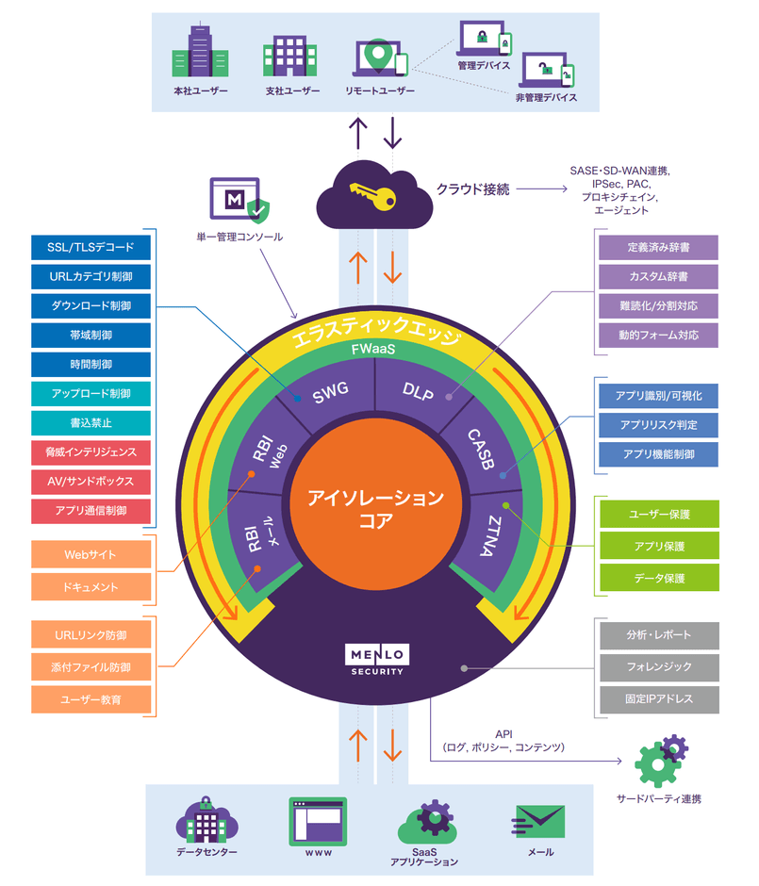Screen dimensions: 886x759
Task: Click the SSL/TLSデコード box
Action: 91,248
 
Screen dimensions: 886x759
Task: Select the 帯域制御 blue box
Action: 91,336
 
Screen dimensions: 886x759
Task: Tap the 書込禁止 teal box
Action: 91,422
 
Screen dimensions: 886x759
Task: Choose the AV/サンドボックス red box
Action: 91,481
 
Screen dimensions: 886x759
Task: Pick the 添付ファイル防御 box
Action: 91,667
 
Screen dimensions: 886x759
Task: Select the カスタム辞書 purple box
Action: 658,277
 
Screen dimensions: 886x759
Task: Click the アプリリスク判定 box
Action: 658,425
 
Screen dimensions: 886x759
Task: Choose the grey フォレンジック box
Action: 658,666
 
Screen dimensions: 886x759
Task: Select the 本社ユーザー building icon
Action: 200,51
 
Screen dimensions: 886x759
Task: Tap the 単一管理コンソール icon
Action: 239,201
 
